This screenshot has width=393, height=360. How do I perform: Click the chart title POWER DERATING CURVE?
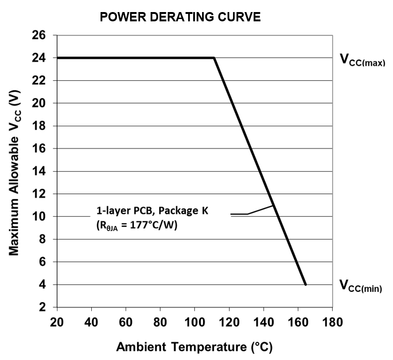point(180,18)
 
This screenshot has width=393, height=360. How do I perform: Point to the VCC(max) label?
point(362,61)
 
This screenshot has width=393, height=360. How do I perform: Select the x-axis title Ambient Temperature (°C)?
point(194,347)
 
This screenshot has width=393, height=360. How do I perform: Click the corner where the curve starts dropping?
point(214,58)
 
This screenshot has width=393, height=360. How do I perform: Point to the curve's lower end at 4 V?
point(305,284)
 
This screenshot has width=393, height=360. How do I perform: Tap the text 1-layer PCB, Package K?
point(152,211)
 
